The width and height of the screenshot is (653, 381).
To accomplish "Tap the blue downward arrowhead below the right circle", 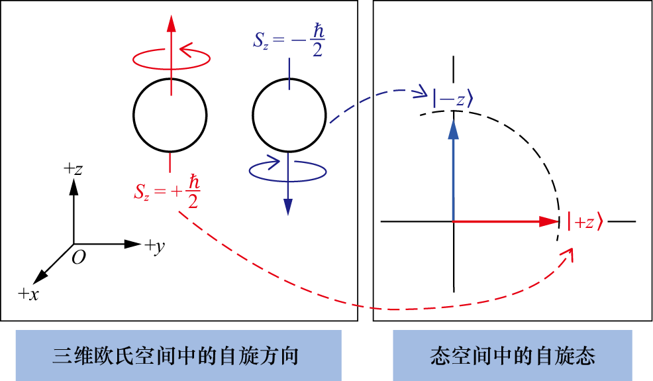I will click(288, 206).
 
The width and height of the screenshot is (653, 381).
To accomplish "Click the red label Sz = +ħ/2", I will click(167, 192).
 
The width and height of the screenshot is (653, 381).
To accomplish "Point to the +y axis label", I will click(155, 247).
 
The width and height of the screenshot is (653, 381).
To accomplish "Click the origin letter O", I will click(79, 258).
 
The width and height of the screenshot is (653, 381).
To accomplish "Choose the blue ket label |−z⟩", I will click(453, 99).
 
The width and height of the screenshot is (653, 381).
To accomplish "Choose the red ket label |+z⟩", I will click(585, 223).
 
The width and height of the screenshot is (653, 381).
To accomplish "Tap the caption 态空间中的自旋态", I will click(513, 356).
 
